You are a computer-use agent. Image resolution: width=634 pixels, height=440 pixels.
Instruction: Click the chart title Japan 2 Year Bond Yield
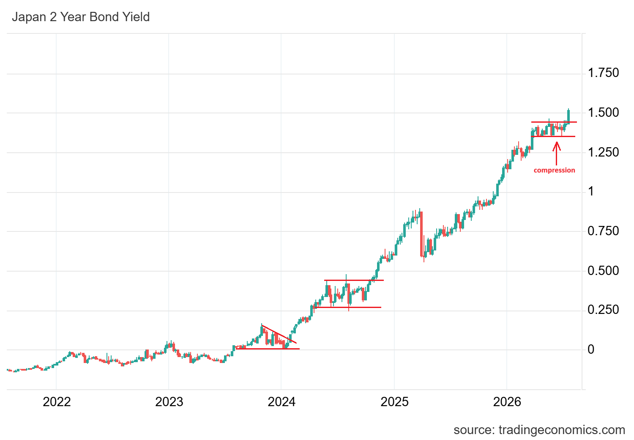tap(81, 17)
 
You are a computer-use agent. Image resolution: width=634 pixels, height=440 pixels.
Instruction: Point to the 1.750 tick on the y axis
tap(603, 73)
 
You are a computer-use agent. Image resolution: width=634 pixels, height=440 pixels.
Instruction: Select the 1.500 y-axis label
tap(603, 113)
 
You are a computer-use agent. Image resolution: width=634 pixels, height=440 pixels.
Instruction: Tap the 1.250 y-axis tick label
tap(603, 152)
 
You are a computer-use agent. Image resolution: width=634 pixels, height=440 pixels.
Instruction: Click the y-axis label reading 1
tap(591, 192)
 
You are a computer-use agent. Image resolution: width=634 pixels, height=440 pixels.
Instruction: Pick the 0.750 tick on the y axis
tap(603, 231)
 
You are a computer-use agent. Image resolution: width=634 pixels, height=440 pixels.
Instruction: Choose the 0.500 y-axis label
tap(603, 271)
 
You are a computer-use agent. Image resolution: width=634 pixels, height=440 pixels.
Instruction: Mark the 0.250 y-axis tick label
tap(603, 310)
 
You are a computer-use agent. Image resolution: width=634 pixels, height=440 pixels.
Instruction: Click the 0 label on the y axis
tap(591, 349)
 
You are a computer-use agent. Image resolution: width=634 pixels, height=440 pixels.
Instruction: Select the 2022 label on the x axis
tap(57, 402)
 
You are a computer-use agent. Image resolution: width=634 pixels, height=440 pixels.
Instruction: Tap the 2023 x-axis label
tap(169, 402)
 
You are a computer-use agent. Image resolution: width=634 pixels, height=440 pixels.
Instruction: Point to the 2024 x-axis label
tap(281, 402)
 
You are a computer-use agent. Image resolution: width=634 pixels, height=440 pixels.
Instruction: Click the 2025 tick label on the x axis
tap(394, 402)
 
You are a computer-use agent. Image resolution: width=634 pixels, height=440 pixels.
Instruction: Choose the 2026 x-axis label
tap(507, 402)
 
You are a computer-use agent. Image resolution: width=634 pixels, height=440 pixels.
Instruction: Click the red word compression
tap(554, 170)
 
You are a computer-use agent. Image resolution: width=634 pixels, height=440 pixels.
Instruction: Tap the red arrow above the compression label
tap(557, 153)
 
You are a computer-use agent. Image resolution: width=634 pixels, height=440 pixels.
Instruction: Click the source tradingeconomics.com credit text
tap(539, 430)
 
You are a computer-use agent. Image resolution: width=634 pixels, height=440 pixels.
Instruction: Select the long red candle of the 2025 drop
tap(421, 234)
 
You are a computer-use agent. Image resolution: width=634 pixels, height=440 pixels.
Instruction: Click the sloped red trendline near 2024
tap(279, 334)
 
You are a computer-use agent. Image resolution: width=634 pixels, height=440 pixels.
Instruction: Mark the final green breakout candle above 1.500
tap(568, 116)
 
